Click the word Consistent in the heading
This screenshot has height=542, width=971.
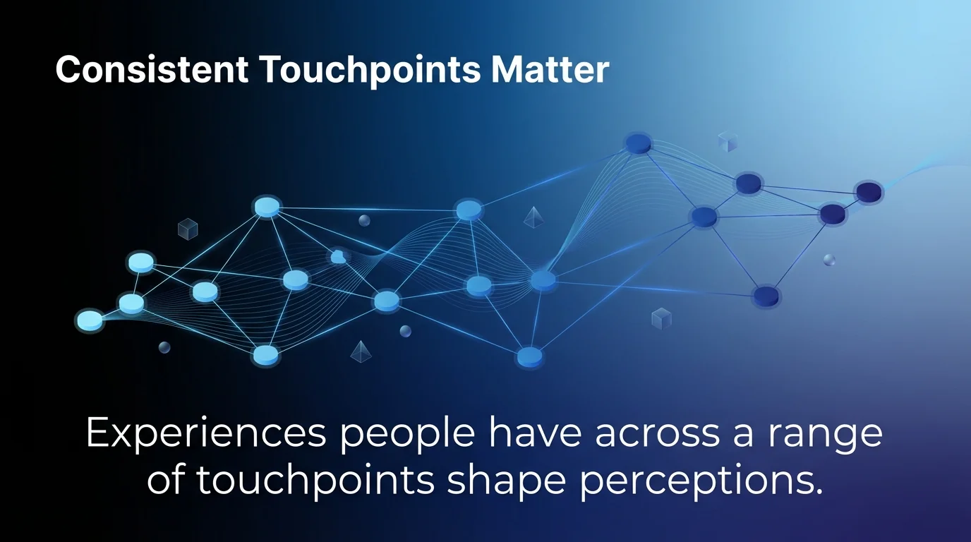point(151,71)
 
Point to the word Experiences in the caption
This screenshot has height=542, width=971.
point(205,434)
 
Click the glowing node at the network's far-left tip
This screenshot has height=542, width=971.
point(89,320)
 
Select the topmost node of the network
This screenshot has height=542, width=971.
point(638,144)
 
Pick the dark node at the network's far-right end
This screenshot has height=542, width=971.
point(869,191)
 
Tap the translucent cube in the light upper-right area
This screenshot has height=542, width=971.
point(727,142)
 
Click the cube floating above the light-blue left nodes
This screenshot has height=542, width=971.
point(188,229)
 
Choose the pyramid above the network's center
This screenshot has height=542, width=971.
point(533,217)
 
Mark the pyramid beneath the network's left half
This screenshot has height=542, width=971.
point(361,351)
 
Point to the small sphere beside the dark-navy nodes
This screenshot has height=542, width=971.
point(829,260)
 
